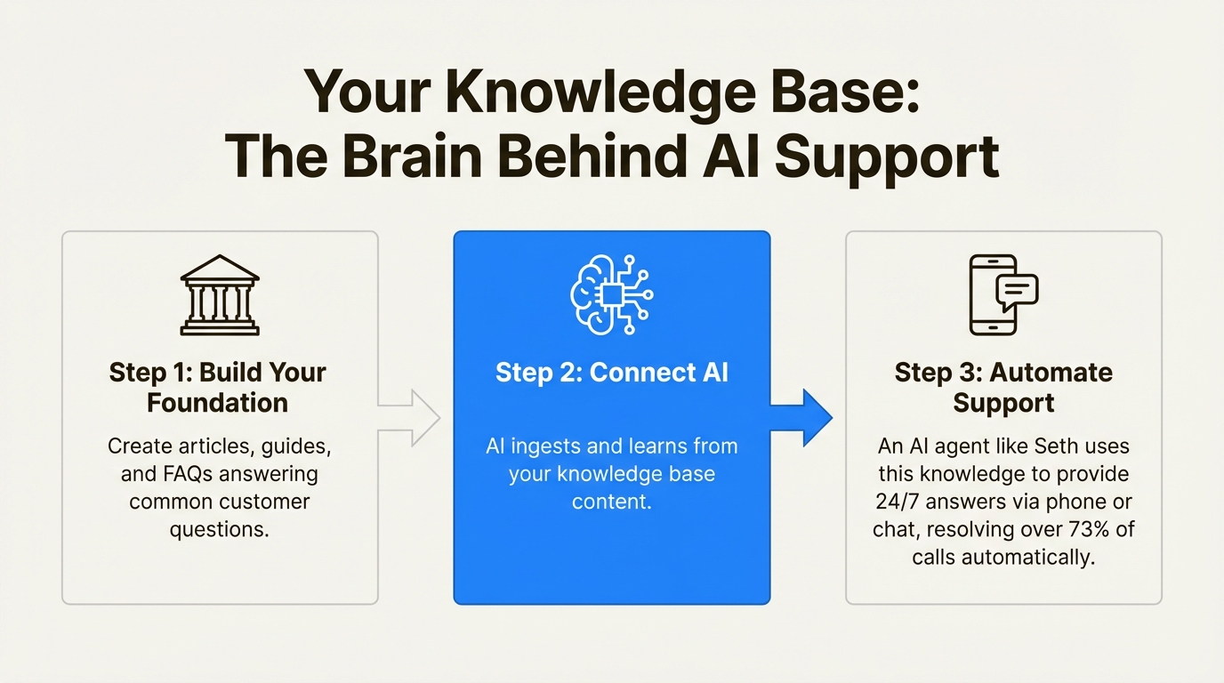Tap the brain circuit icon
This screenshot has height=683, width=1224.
click(611, 294)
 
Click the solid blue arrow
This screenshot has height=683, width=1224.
click(801, 416)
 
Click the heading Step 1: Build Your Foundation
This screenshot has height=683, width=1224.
click(218, 387)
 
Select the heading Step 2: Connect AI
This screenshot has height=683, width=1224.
click(611, 372)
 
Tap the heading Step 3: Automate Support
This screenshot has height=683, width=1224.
click(1003, 387)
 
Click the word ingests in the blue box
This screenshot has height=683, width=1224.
click(558, 446)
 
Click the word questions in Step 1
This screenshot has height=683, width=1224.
click(219, 530)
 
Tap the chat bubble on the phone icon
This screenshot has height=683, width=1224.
click(1018, 290)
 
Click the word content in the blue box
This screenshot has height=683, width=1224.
click(611, 501)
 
